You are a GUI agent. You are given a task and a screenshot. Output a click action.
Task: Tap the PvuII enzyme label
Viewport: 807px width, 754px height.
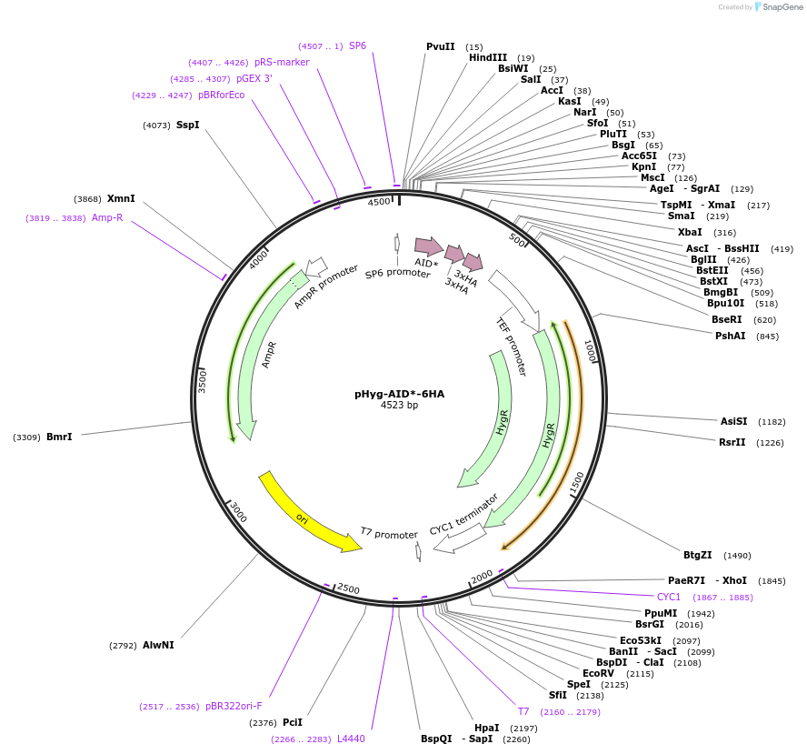point(441,46)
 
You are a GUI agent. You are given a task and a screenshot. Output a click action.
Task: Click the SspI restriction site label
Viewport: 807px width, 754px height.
point(187,125)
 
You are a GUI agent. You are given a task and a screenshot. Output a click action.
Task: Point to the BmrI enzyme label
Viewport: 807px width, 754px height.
point(59,437)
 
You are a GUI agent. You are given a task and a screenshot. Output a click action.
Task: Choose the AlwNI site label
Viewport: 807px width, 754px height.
point(158,645)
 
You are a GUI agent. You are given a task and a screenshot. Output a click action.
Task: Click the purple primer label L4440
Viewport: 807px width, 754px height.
point(351,739)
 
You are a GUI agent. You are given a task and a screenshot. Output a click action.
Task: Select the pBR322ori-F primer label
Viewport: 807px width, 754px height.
point(234,706)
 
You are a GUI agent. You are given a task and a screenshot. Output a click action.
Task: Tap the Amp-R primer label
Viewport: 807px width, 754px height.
point(107,217)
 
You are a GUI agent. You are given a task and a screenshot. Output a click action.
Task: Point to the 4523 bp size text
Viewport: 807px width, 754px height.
point(399,406)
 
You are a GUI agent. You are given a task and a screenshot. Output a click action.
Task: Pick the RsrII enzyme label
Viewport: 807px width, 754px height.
point(732,442)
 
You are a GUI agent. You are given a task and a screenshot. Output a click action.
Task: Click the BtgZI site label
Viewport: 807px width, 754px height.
point(698,555)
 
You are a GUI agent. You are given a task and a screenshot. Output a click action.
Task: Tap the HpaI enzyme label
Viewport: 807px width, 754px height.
point(487,728)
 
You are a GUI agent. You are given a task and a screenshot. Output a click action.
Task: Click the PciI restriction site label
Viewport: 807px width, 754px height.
point(293,722)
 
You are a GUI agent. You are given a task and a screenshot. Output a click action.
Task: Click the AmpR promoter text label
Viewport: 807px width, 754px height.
point(325,287)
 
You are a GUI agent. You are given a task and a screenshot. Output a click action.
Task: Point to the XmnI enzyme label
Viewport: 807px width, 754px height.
point(121,198)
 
